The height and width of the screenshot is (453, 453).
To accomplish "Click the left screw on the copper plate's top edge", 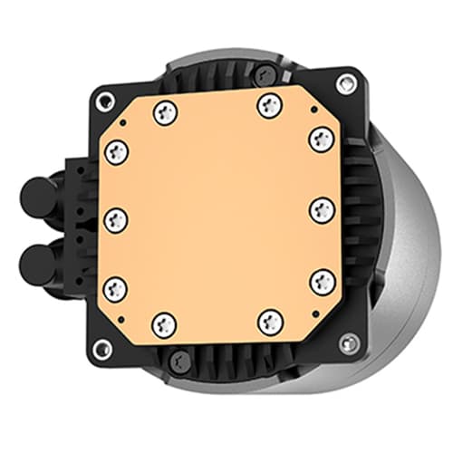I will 164,112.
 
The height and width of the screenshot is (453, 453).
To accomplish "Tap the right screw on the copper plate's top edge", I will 269,105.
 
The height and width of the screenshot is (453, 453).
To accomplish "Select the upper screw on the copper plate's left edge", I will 116,150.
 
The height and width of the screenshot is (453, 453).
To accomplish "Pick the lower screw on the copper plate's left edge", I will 116,289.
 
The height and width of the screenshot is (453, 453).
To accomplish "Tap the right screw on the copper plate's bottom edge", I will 270,321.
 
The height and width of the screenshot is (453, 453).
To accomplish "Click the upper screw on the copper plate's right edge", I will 322,140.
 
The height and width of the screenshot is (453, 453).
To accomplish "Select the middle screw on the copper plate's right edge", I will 322,210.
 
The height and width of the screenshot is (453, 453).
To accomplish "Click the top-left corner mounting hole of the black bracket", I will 105,100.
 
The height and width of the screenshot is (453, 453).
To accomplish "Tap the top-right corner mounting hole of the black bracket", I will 344,84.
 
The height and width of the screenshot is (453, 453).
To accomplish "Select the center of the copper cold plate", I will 218,216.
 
